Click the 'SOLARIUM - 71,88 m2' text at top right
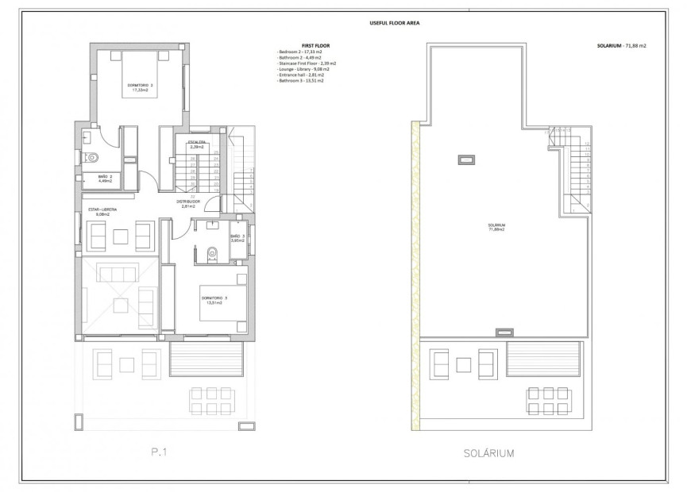pos(622,46)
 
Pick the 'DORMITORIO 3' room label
pos(214,298)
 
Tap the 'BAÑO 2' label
pos(105,177)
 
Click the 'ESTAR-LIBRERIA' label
pos(102,209)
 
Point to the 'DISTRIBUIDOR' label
pos(187,202)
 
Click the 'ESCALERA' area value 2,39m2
pos(196,148)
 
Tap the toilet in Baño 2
pos(90,156)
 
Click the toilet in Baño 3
pos(210,254)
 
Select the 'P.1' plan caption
pos(160,454)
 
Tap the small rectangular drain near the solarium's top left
pos(463,160)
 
